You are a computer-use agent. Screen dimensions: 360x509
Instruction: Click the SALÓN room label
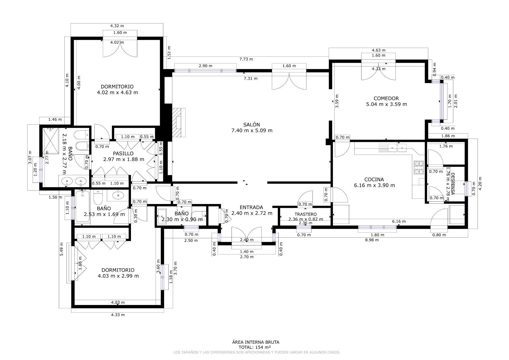[252, 125]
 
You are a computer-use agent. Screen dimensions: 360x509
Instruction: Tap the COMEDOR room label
[386, 98]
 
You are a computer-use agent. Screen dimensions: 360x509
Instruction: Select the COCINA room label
[374, 180]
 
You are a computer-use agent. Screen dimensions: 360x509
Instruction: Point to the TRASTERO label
[305, 214]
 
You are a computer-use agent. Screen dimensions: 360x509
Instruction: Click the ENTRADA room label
[251, 207]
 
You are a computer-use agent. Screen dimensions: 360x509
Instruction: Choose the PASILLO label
[123, 154]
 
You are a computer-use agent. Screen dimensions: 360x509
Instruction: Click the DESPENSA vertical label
[453, 184]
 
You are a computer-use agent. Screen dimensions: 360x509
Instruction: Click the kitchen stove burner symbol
[419, 167]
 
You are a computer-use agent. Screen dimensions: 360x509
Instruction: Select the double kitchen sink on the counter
[397, 148]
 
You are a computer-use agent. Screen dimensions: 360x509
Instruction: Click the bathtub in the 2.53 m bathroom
[82, 207]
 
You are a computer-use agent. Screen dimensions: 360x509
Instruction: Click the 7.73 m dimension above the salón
[246, 59]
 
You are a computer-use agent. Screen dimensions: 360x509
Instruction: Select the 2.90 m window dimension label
[205, 66]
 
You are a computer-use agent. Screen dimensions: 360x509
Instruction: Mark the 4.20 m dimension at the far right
[480, 183]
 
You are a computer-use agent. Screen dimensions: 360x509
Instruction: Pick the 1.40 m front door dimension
[247, 251]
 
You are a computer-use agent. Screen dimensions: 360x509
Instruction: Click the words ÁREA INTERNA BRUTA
[256, 342]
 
